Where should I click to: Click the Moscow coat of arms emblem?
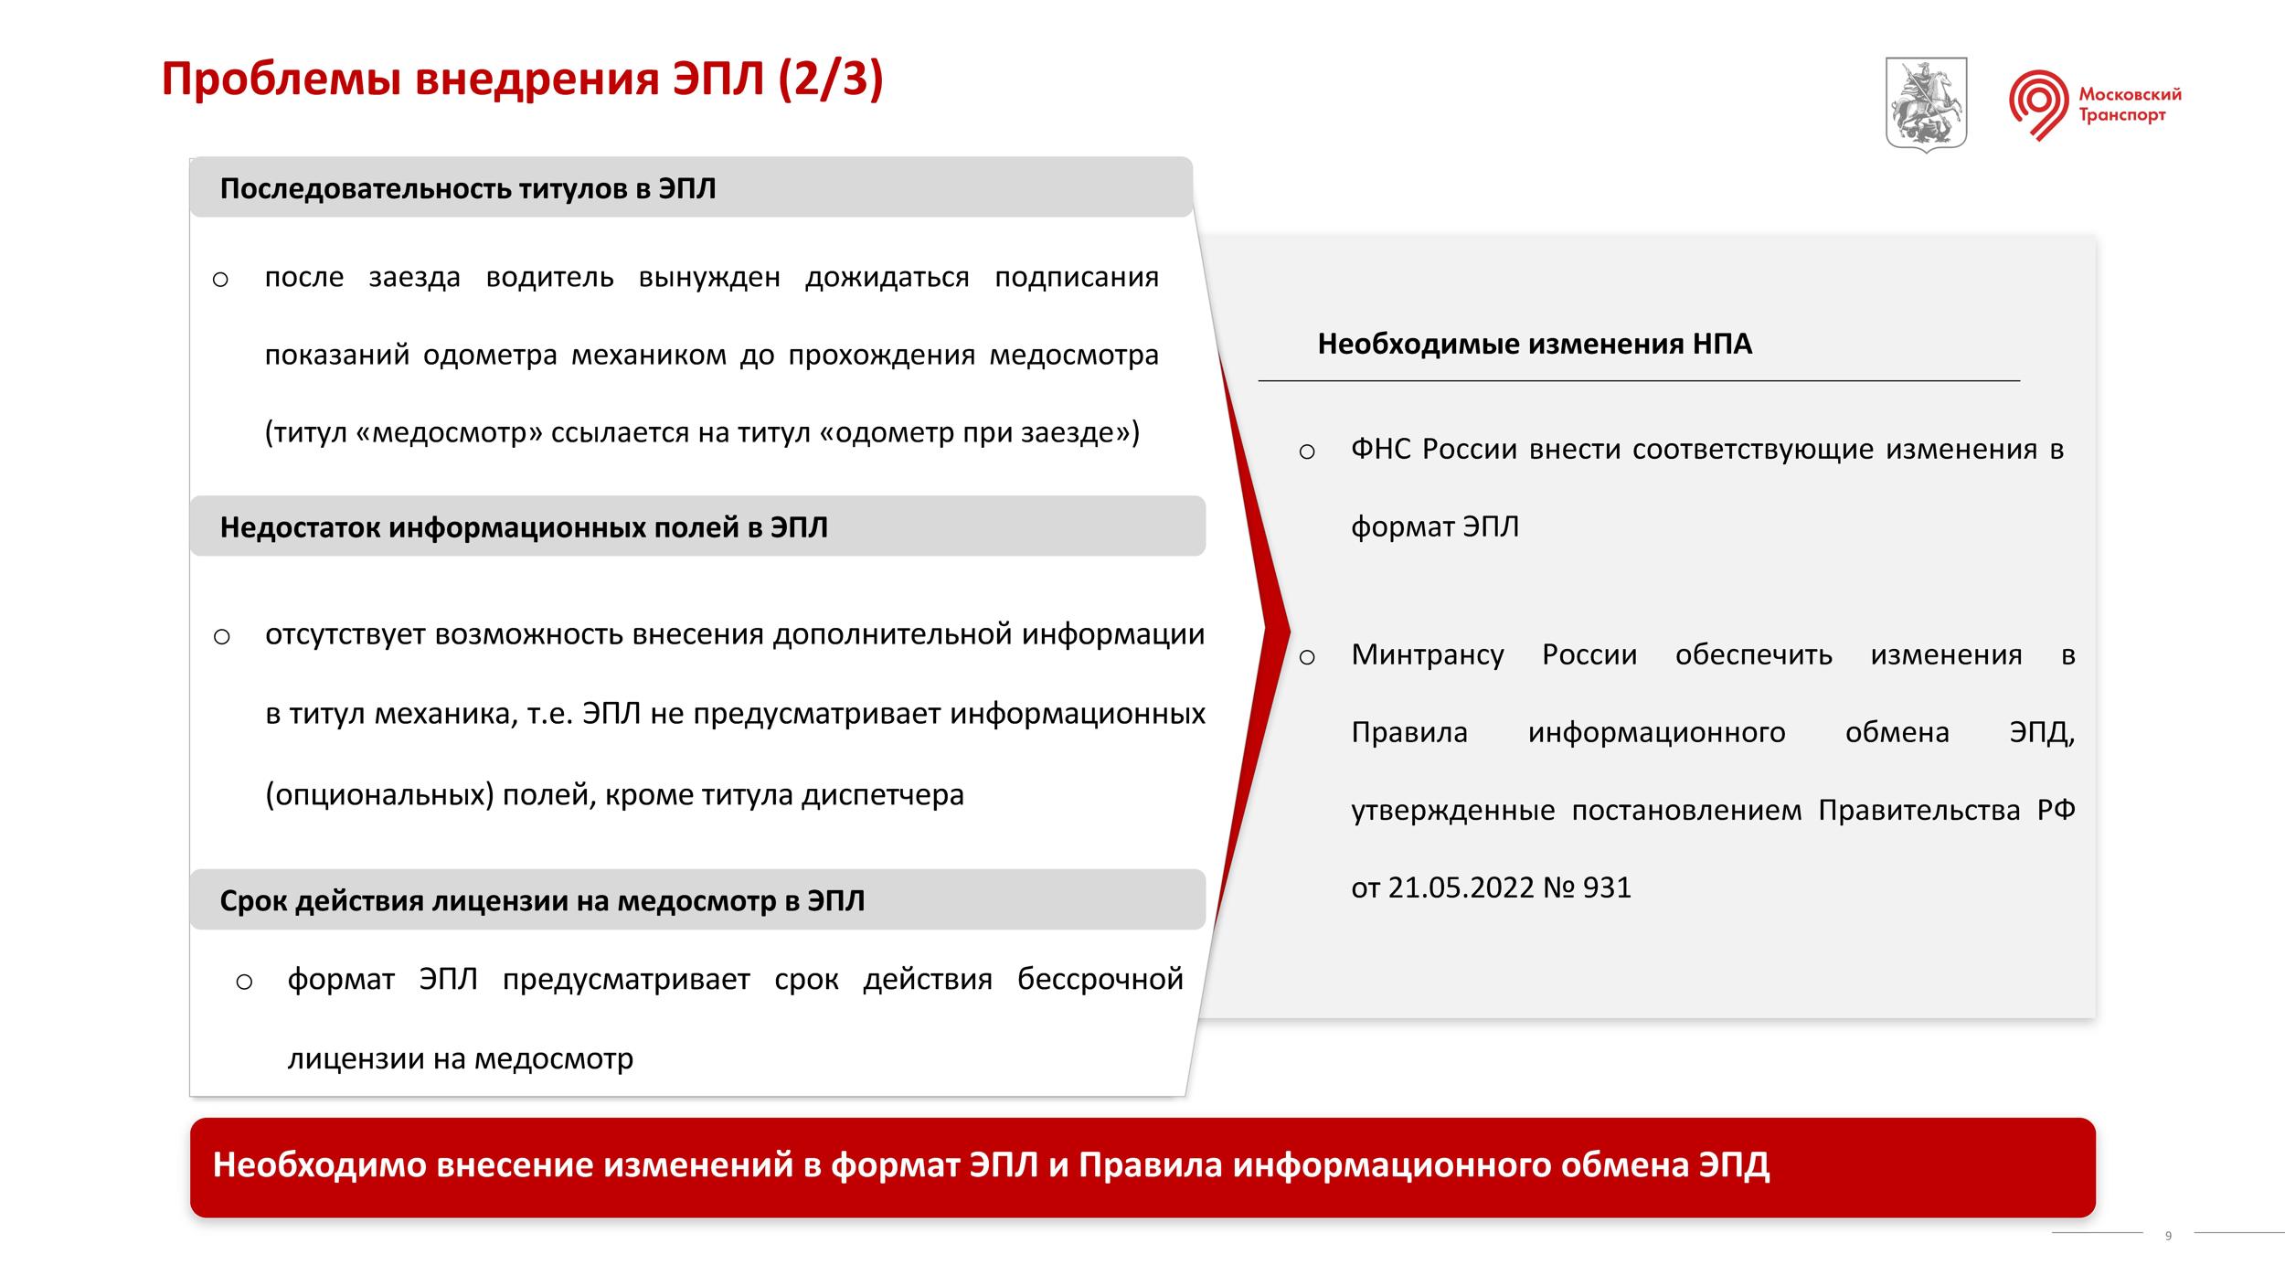1926,104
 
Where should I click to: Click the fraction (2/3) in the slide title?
831,80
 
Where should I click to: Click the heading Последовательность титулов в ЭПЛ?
468,189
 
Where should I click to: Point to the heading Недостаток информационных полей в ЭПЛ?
524,527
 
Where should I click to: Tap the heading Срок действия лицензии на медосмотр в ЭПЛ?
542,901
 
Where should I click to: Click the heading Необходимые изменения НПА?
1535,344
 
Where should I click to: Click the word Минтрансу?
1428,655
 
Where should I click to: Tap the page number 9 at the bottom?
2168,1236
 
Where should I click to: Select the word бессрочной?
1100,980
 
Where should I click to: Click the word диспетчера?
883,795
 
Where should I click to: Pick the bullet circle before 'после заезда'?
220,280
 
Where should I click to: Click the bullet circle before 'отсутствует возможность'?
221,637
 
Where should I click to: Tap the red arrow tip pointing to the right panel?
1289,629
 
